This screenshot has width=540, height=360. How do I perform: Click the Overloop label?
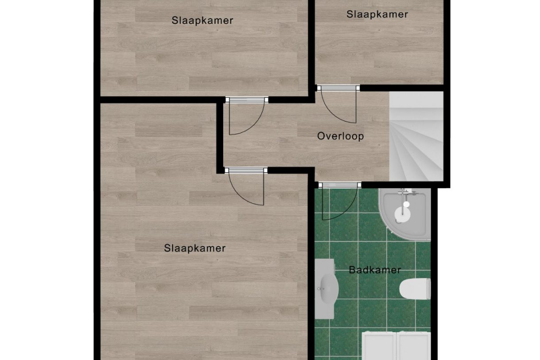(340, 136)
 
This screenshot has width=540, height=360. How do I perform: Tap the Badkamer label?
(375, 270)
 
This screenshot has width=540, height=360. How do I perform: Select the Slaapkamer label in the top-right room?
(377, 14)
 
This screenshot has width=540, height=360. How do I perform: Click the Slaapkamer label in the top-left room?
(202, 20)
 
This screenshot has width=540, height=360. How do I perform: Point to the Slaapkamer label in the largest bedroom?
(195, 248)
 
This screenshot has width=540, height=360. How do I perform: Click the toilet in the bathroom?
(415, 289)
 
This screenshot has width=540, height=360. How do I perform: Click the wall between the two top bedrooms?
(311, 44)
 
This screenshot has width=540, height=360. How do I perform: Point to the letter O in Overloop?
(321, 136)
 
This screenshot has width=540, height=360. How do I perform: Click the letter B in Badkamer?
(352, 270)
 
